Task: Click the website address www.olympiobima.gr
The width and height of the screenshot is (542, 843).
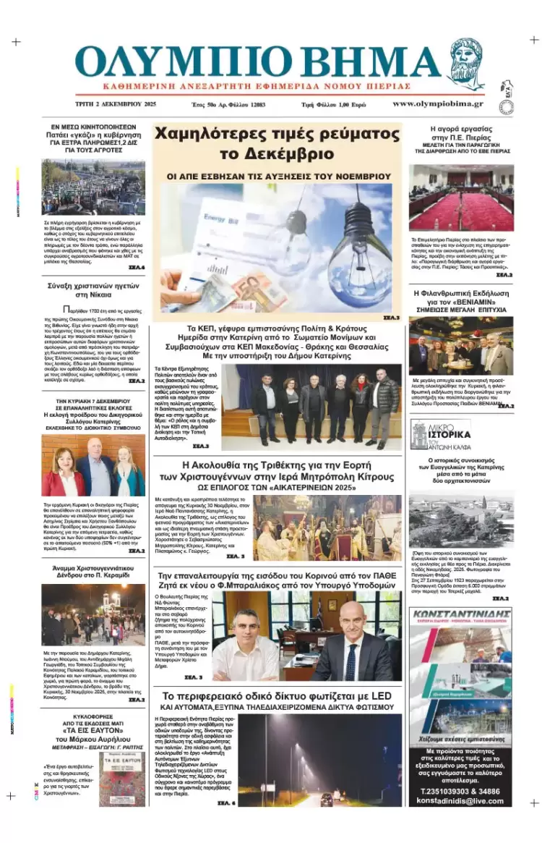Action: pos(437,103)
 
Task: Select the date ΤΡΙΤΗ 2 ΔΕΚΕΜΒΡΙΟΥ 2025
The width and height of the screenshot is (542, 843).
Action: pos(116,104)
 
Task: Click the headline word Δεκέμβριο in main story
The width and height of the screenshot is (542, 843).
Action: pos(286,153)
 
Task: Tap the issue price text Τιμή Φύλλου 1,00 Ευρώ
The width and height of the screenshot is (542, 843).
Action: pos(333,104)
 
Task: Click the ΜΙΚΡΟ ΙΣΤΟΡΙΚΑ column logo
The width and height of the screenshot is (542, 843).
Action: pos(441,434)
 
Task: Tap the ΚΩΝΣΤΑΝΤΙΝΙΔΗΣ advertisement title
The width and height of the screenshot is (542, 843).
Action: pos(460,615)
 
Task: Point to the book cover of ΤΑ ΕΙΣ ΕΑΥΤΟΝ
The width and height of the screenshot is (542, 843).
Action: pos(122,779)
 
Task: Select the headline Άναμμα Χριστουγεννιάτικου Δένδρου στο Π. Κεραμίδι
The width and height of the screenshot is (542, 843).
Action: pos(93,569)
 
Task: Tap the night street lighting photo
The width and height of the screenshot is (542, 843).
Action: pos(319,760)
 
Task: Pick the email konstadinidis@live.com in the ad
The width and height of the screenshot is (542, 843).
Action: pos(460,801)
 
